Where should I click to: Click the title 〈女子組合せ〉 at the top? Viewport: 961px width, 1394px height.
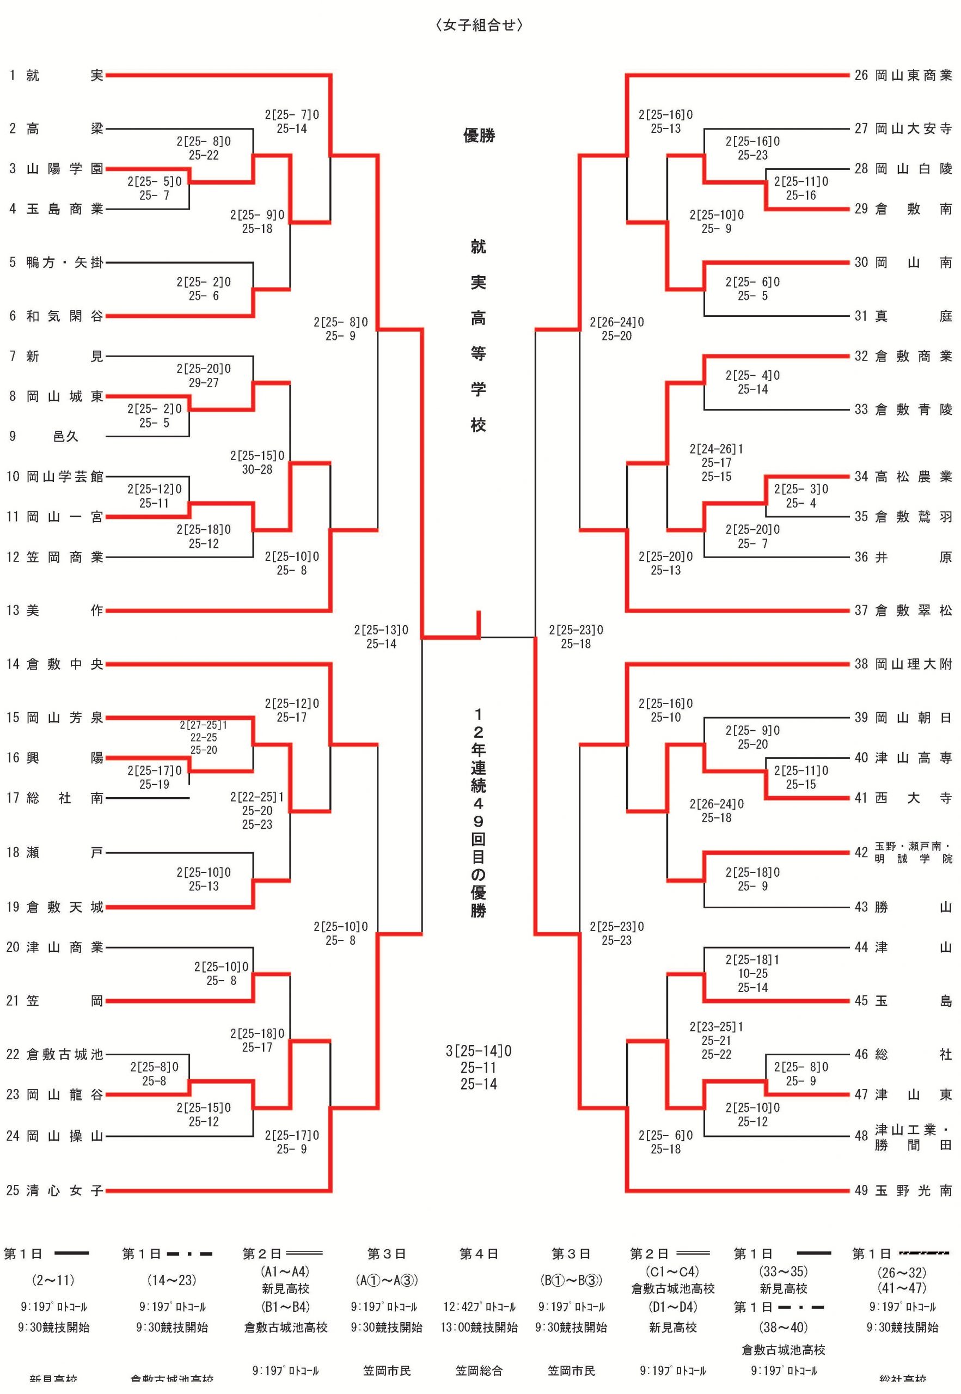tap(479, 25)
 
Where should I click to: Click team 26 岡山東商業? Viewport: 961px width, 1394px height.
tap(903, 75)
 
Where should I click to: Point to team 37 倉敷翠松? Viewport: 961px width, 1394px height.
tap(903, 610)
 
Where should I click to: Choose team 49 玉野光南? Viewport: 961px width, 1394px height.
tap(903, 1190)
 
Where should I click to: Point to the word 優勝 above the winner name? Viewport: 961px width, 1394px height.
tap(479, 136)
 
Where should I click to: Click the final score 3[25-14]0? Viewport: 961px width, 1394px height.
tap(479, 1051)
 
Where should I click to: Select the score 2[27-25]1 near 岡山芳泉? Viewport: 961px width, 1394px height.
tap(204, 725)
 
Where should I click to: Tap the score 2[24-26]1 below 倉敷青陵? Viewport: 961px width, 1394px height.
tap(716, 449)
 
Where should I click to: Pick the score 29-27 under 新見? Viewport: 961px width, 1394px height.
tap(204, 383)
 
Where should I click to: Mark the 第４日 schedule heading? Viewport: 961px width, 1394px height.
tap(479, 1254)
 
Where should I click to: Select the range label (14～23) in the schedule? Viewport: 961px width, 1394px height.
tap(172, 1280)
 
